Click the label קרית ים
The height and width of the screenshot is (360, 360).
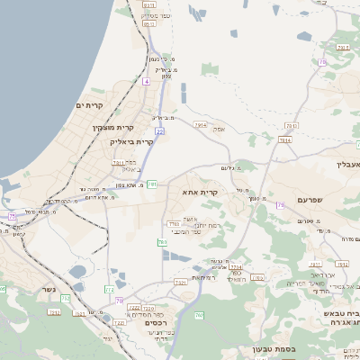[91, 107]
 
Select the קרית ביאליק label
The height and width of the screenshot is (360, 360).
[132, 141]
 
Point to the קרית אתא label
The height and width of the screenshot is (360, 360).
[202, 192]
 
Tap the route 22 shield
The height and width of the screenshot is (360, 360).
[159, 106]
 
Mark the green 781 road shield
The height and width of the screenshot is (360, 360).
[152, 184]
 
